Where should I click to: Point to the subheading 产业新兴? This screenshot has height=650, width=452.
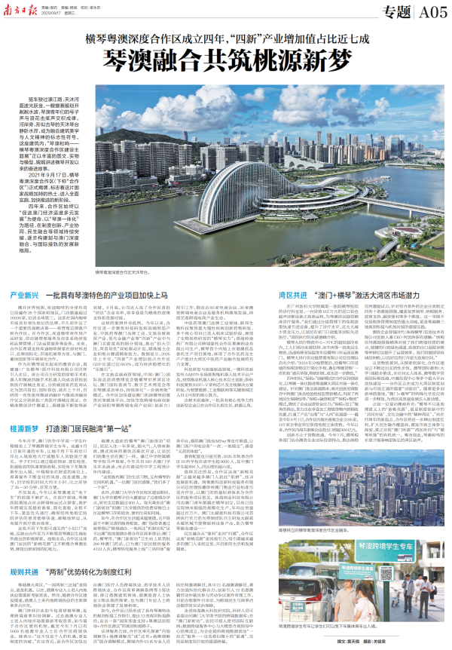[20, 274]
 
